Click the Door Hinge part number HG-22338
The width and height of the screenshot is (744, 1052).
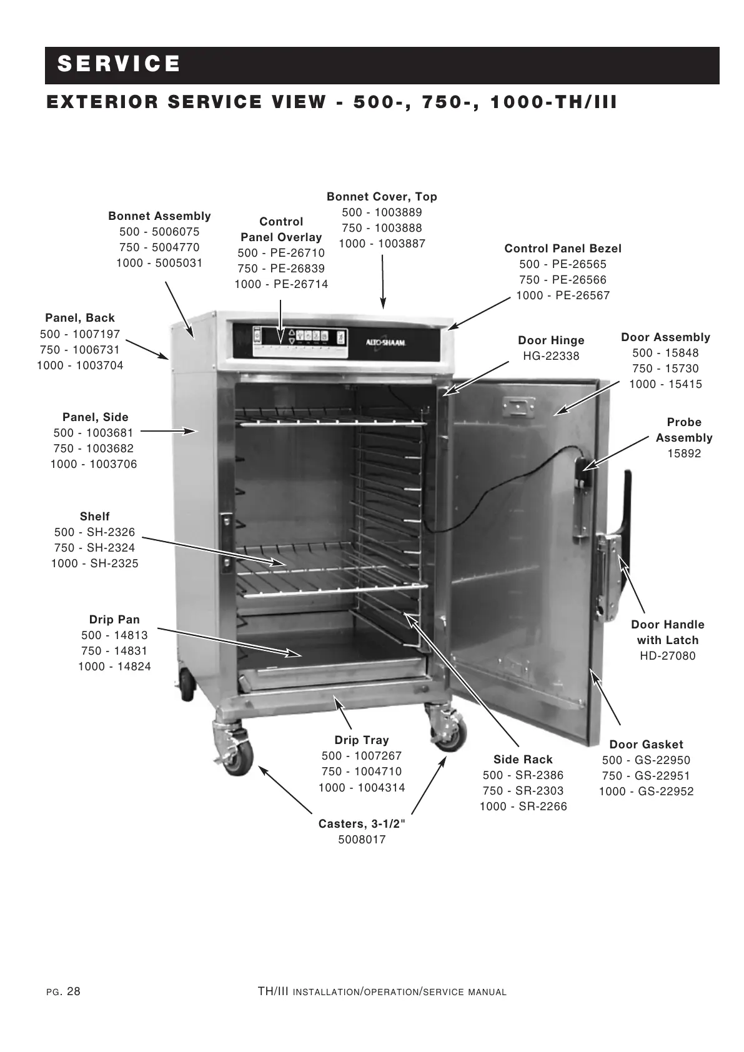[551, 356]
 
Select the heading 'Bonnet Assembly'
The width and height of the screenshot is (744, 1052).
[159, 216]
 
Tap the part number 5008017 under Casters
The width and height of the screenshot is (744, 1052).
[362, 840]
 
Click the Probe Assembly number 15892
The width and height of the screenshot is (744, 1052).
[684, 454]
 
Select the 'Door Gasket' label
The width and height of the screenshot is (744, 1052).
[646, 745]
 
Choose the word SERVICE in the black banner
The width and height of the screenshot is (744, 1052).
[119, 64]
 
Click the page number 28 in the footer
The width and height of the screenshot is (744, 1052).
[73, 991]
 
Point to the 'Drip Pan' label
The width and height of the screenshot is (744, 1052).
[114, 620]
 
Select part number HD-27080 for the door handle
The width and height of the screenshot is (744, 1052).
[667, 656]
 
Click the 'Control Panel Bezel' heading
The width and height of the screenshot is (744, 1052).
[563, 249]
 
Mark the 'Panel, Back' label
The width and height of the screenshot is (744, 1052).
[80, 318]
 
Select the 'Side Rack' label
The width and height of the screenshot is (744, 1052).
[523, 760]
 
